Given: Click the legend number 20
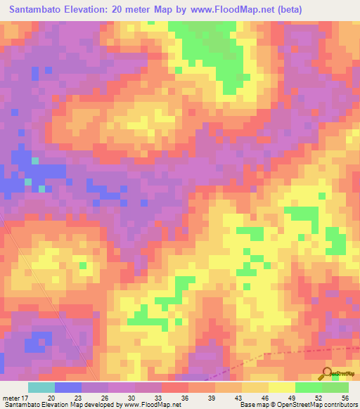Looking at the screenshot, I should tap(51, 398).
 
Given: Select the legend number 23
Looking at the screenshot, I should tap(78, 398).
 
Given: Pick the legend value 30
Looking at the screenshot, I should tap(131, 398).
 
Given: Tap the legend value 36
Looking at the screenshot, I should tap(185, 398).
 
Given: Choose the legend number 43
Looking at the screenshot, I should tap(238, 398).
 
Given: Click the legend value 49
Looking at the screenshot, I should tap(291, 398).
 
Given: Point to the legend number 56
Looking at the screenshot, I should tap(345, 398).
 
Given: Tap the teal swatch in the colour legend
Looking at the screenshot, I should tap(41, 387).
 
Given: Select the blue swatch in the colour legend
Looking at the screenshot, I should tap(68, 387).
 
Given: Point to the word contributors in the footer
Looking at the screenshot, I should tap(338, 405).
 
